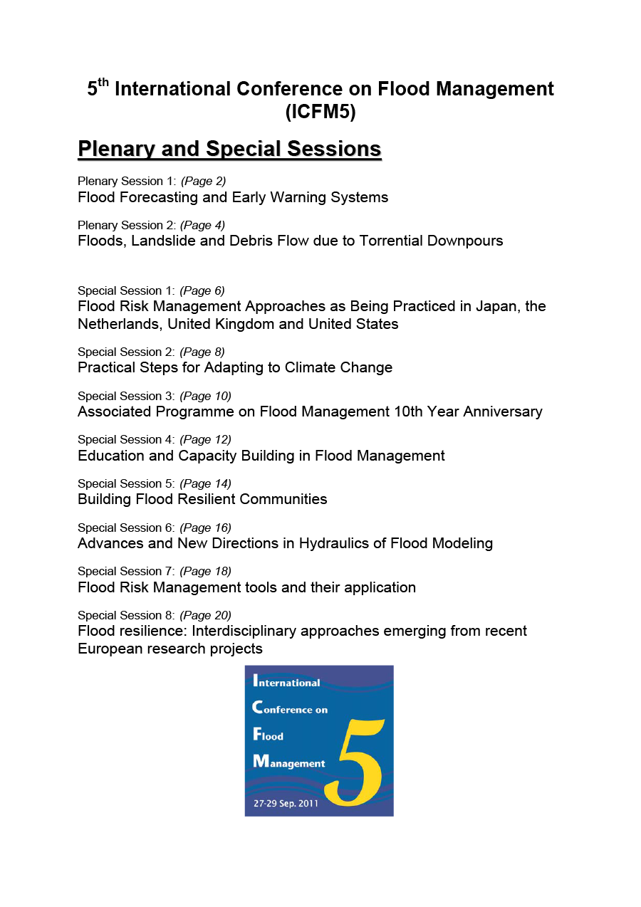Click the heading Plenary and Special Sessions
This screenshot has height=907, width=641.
tap(229, 149)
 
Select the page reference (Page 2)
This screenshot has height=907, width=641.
tap(203, 181)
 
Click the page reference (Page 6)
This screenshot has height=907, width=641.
tap(202, 290)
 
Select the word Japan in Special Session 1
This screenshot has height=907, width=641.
tap(498, 306)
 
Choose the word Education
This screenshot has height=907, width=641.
tap(111, 456)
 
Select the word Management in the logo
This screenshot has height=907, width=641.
tap(289, 762)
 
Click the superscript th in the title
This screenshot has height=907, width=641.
tap(104, 83)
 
